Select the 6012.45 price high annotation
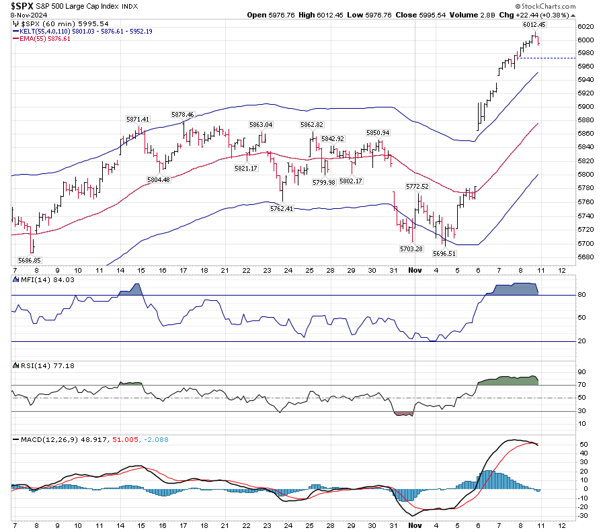pyautogui.click(x=534, y=24)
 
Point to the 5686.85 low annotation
pyautogui.click(x=29, y=259)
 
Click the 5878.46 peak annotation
pyautogui.click(x=182, y=115)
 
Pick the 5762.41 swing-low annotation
pyautogui.click(x=282, y=208)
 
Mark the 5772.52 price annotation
pyautogui.click(x=417, y=185)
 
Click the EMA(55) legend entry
pyautogui.click(x=45, y=38)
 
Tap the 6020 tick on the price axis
pyautogui.click(x=586, y=26)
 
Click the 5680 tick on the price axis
pyautogui.click(x=586, y=257)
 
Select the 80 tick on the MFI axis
pyautogui.click(x=583, y=295)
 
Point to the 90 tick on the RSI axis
pyautogui.click(x=583, y=372)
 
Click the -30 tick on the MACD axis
pyautogui.click(x=584, y=515)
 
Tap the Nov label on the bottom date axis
pyautogui.click(x=415, y=524)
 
